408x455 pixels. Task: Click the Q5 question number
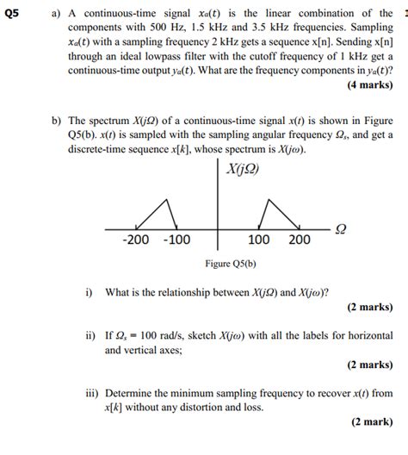(12, 14)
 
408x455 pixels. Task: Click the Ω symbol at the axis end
(340, 229)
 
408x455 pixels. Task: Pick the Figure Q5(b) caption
(230, 264)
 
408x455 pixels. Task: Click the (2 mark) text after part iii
(372, 423)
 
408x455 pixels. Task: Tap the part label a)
(57, 14)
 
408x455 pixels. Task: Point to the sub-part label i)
(89, 291)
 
